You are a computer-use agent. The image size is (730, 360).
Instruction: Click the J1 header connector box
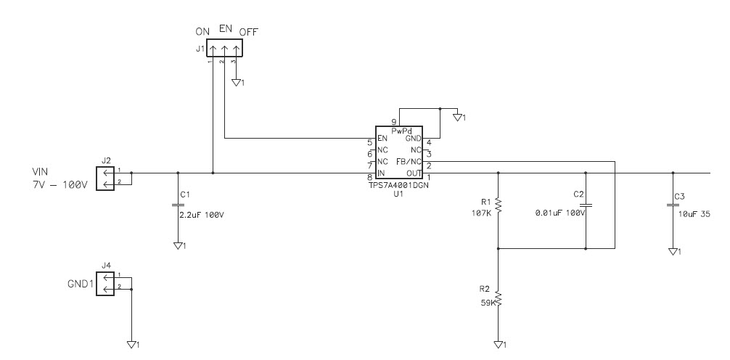pos(224,47)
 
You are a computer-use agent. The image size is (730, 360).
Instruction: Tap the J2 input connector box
pos(106,179)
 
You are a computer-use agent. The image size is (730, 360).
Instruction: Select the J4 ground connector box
pos(106,283)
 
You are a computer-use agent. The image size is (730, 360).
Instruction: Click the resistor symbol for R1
pos(498,205)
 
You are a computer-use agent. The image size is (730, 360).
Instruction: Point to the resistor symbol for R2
pos(498,299)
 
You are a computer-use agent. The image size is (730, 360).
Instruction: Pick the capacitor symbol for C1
pos(178,205)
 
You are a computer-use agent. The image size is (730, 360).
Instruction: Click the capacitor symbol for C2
pos(586,205)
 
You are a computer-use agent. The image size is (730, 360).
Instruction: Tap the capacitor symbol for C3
pos(673,205)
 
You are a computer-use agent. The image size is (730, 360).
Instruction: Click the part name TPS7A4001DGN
pos(399,185)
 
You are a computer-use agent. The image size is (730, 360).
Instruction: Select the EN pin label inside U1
pos(382,139)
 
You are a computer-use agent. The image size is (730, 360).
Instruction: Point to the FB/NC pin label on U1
pos(409,162)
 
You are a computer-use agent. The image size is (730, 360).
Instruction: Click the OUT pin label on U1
pos(414,173)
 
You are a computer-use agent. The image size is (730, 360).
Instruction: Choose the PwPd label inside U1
pos(399,131)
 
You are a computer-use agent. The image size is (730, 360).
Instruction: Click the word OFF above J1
pos(249,32)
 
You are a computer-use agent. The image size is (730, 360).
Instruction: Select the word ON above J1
pos(202,32)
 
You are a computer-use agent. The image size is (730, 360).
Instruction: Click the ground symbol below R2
pos(499,345)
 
